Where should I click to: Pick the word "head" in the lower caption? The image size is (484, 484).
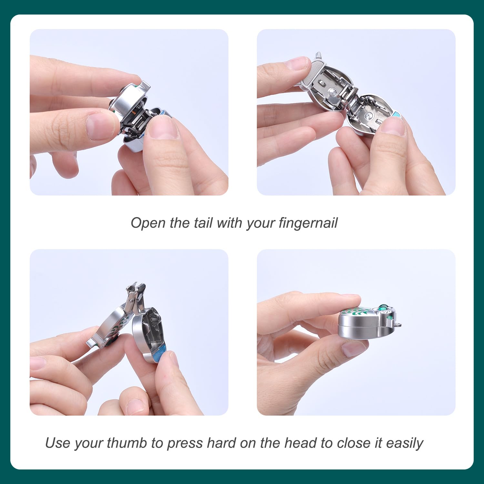click(x=301, y=443)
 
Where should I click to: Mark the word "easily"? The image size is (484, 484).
click(x=404, y=443)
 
